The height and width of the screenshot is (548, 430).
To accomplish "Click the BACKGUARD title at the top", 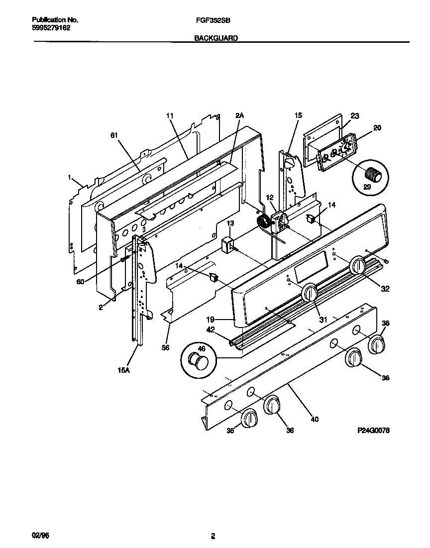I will coord(215,38).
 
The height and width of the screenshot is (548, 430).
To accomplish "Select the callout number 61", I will coord(114,135).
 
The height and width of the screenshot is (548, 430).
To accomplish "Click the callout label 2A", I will coord(239,115).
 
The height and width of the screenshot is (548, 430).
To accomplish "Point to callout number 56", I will coord(166,347).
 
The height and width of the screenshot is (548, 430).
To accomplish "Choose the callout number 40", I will coord(314,419).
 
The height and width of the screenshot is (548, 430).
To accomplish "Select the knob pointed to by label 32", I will coord(357,265).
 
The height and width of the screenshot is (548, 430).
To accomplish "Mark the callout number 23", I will coord(354,116).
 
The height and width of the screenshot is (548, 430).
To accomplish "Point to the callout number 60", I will coord(81,282).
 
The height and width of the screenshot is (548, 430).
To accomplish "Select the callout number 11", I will coord(169,115).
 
